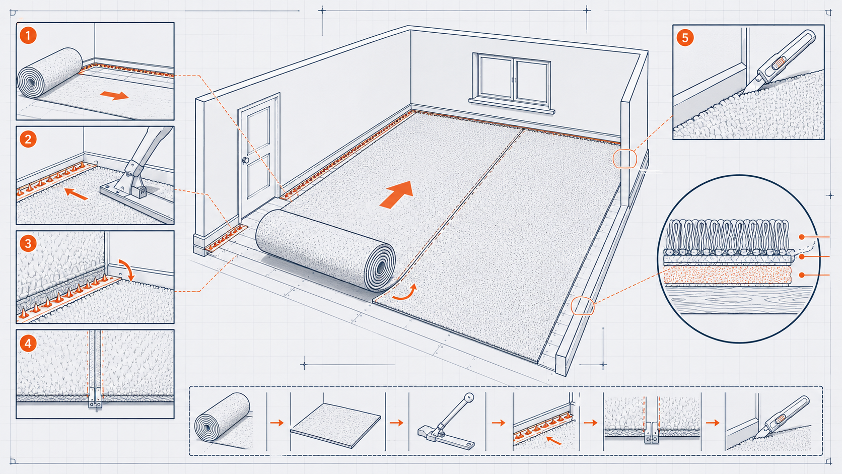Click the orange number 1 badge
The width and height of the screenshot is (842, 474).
(x=28, y=36)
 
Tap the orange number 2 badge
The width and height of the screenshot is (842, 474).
(x=28, y=140)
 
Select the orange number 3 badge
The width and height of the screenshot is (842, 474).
(x=28, y=244)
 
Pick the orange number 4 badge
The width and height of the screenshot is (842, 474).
(x=28, y=344)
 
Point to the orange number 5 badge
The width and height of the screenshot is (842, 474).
(x=685, y=38)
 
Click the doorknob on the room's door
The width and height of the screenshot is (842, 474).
(x=245, y=161)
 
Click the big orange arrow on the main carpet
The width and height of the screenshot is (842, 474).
(x=397, y=194)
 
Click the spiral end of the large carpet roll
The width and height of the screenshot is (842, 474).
(x=380, y=267)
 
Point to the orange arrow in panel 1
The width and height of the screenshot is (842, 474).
(x=114, y=95)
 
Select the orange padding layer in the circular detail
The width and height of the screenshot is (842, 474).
(x=728, y=275)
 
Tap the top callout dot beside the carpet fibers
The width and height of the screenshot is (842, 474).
(x=802, y=237)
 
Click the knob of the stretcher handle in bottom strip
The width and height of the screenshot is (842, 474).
(x=469, y=398)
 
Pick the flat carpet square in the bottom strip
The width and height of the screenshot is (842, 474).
(x=335, y=425)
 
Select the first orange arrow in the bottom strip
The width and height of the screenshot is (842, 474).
(x=276, y=423)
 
